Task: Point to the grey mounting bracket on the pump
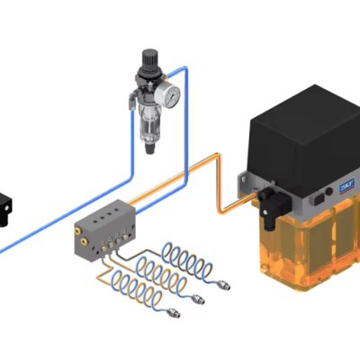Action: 240,184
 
